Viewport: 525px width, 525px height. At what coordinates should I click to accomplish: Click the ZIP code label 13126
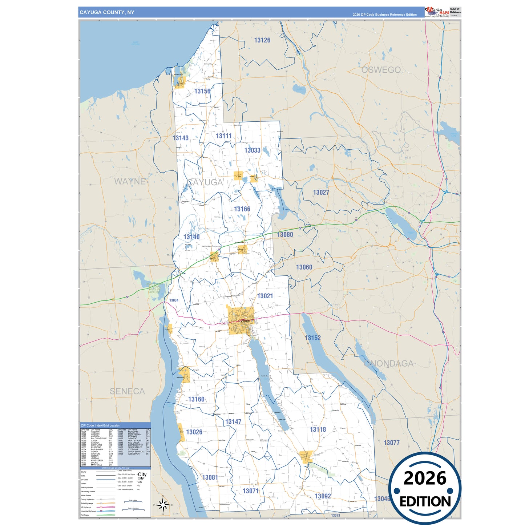coord(262,40)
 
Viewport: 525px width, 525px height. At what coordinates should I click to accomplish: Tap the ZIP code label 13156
coord(202,91)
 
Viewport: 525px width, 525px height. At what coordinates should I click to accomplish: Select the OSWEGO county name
coord(381,70)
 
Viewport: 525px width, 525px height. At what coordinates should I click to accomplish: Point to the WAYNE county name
coord(130,181)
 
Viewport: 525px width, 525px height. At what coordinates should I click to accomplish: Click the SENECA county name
coord(127,391)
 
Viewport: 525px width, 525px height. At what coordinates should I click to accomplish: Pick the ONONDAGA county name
coord(389,363)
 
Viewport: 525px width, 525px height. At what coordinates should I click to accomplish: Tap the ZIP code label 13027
coord(321,193)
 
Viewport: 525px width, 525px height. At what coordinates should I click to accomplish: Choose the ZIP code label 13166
coord(242,209)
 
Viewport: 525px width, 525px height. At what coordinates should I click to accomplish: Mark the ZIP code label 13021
coord(265,296)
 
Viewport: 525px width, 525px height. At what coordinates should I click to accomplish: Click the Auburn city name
coord(246,321)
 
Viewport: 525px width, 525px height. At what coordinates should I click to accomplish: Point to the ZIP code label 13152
coord(312,338)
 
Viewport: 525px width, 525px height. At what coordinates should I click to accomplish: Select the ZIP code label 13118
coord(318,429)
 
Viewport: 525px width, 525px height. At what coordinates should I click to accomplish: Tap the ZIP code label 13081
coord(210,477)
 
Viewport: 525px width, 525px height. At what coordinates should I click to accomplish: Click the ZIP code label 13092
coord(323,496)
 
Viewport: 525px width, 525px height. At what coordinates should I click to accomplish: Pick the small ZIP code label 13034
coord(174,300)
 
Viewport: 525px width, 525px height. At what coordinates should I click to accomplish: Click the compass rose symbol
coord(163,505)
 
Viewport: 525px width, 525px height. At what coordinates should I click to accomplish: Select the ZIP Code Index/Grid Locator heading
coord(100,425)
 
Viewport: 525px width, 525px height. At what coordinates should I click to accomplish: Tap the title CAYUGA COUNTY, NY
coord(107,12)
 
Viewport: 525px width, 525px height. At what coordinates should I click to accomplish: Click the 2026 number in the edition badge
coord(425,478)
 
